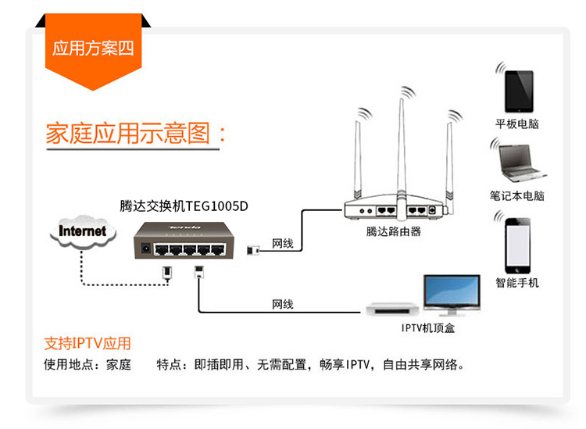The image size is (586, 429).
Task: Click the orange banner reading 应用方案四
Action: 93,48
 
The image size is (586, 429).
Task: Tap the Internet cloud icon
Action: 83,231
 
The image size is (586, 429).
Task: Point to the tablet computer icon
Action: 518,91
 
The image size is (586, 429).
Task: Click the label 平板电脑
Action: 517,124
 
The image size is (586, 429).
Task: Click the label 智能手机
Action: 517,282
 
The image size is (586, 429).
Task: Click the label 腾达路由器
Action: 393,231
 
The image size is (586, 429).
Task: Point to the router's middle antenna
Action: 403,148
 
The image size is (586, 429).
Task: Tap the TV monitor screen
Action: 451,294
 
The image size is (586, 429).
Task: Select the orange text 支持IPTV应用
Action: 88,343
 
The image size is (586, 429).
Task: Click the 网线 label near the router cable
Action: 282,245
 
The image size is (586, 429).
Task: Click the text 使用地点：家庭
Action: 88,364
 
